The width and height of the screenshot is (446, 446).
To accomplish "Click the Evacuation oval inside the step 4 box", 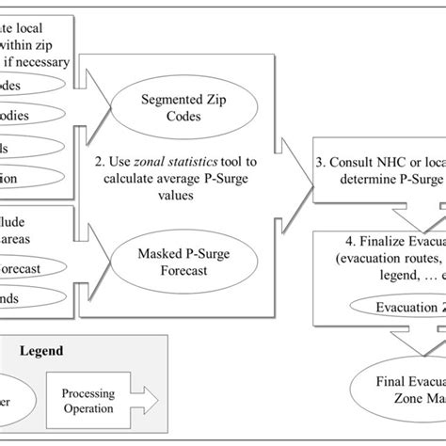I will [x=395, y=281].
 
